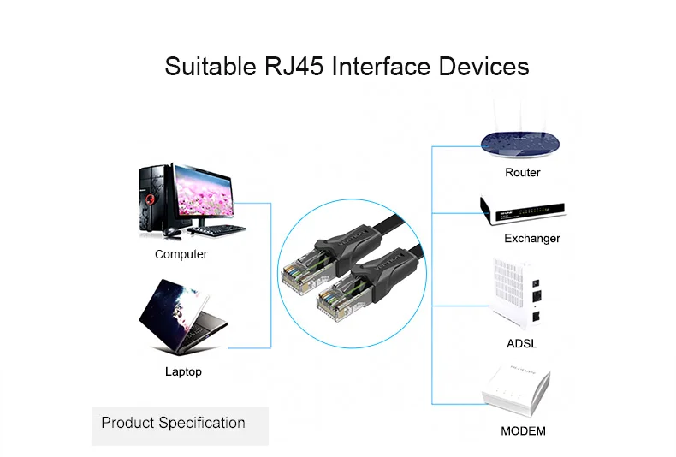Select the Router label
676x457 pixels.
click(522, 173)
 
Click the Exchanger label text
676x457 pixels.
click(531, 238)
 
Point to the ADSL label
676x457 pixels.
click(522, 343)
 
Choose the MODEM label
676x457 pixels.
click(523, 430)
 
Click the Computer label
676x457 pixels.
click(181, 254)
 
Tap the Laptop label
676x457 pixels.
click(183, 371)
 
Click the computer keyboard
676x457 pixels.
click(217, 230)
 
